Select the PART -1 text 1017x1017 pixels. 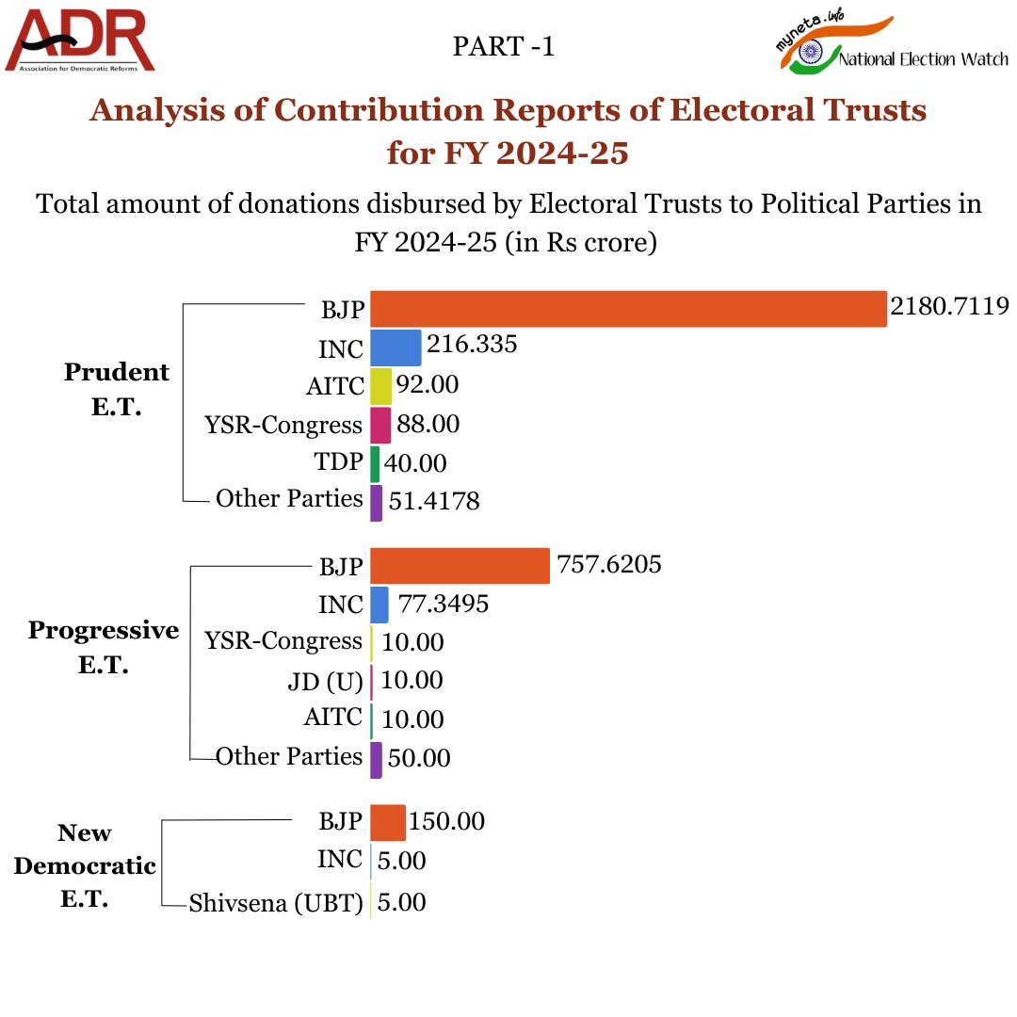[504, 47]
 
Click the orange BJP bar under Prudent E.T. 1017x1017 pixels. [628, 309]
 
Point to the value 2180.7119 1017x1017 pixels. [949, 306]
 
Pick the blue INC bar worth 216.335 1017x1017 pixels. [395, 347]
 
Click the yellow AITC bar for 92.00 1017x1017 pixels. [380, 386]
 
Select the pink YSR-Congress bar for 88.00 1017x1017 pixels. [380, 425]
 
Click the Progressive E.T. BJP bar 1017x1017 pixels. [460, 566]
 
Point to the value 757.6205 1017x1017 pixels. [609, 564]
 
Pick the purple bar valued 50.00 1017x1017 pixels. [376, 760]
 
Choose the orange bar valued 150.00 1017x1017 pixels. [387, 822]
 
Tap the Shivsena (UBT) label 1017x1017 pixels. [276, 903]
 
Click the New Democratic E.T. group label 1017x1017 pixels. [84, 865]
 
